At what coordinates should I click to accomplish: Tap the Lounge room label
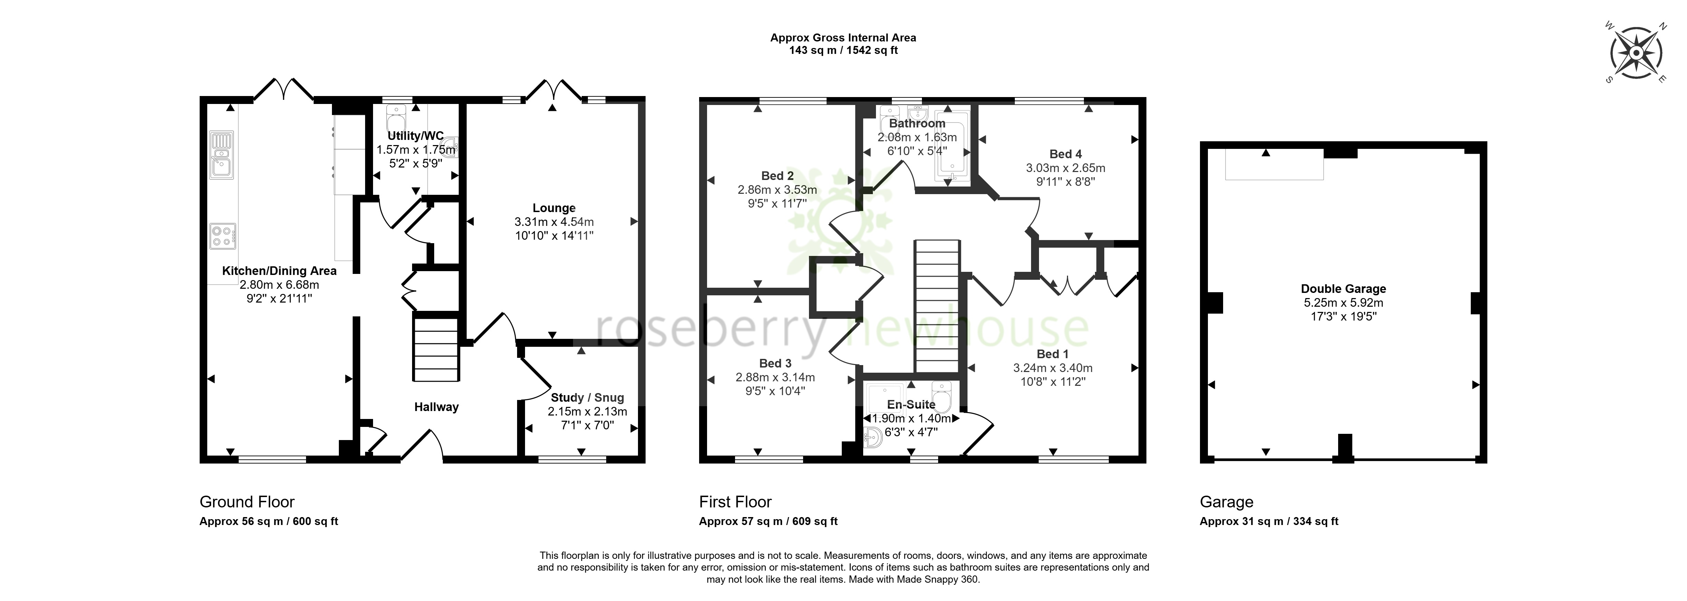(x=554, y=208)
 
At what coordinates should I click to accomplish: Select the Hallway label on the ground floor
(x=436, y=407)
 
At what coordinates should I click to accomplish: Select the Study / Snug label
(x=588, y=398)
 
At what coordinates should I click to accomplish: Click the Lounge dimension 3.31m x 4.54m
(x=554, y=222)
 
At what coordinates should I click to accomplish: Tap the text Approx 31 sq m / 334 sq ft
(x=1269, y=522)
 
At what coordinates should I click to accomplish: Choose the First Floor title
(x=735, y=502)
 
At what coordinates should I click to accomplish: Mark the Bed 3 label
(x=775, y=363)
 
